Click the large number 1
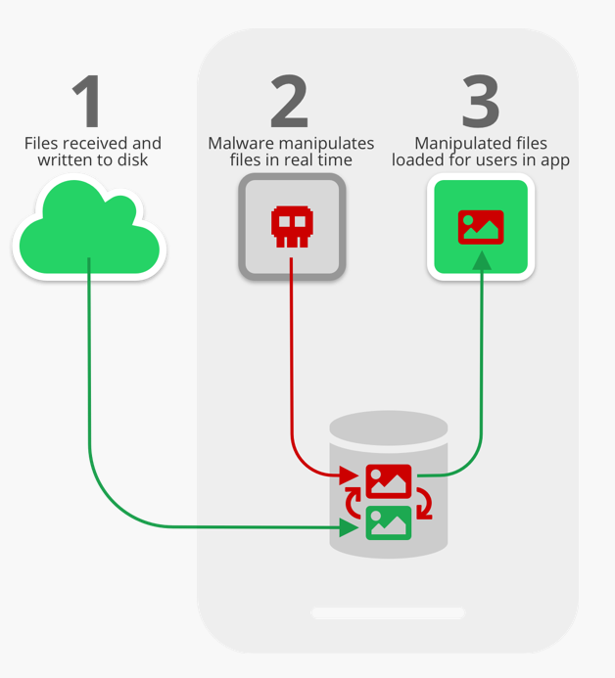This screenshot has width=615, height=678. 88,101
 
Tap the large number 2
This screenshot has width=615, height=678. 289,101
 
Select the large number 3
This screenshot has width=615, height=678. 480,101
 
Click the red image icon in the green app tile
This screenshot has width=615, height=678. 480,227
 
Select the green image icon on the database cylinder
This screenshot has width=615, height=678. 388,521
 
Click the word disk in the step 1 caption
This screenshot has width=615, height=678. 130,159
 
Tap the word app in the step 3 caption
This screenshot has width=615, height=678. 554,159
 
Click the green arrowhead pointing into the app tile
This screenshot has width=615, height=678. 480,260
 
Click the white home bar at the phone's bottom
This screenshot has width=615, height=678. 388,613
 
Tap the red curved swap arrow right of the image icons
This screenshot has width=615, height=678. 424,505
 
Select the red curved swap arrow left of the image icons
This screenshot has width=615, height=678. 354,502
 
